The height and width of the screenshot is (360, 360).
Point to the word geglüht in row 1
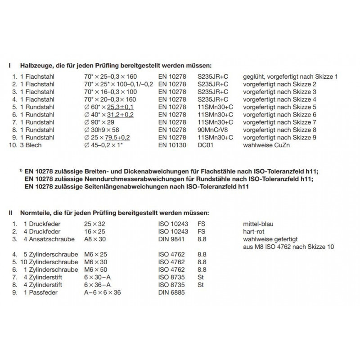(x=254, y=76)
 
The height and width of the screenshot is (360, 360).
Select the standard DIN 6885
(x=171, y=292)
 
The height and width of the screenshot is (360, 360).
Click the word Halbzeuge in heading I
(x=35, y=65)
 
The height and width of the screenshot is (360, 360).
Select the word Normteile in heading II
(x=35, y=212)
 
